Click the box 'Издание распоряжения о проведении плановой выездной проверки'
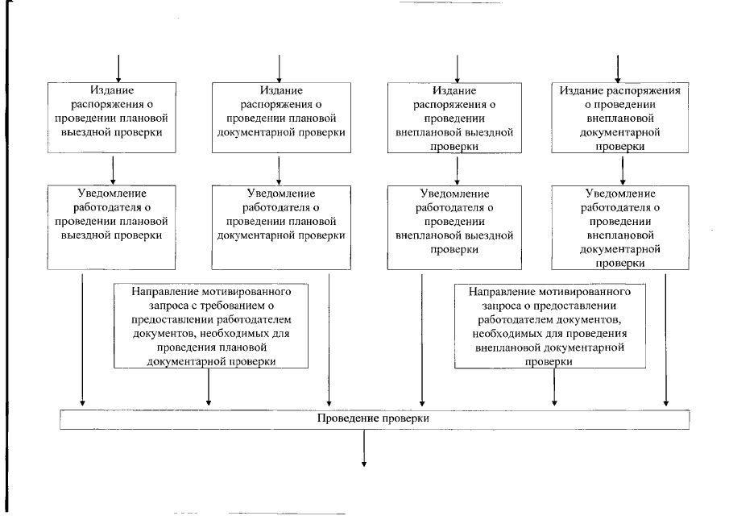(113, 118)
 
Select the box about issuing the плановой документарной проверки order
(279, 118)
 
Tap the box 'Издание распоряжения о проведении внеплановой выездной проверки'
(458, 118)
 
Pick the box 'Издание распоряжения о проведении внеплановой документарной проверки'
(621, 118)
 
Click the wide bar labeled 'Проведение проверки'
(375, 420)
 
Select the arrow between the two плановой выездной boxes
(113, 170)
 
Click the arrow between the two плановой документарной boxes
(279, 170)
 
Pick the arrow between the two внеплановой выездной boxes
(458, 170)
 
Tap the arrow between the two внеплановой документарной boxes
(621, 170)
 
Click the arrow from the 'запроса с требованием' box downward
(209, 388)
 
